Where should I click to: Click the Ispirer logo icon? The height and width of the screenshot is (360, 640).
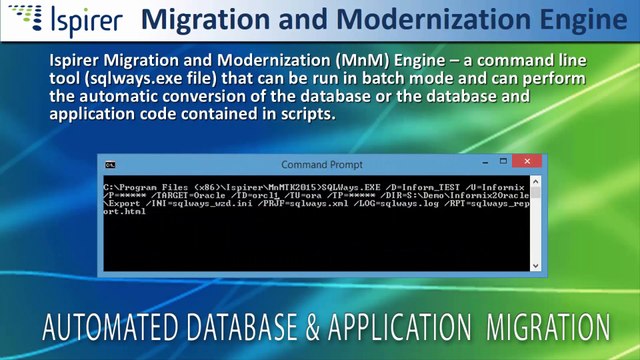point(21,19)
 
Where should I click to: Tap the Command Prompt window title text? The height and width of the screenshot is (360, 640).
point(322,164)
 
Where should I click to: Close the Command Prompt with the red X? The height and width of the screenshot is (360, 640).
point(526,162)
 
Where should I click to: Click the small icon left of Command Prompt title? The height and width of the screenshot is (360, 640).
point(112,164)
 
